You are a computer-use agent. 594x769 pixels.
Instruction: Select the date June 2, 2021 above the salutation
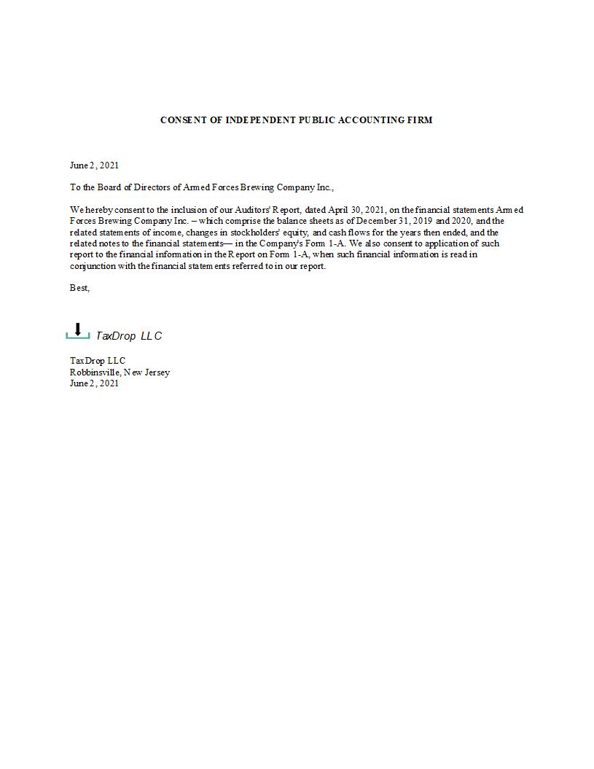pos(94,165)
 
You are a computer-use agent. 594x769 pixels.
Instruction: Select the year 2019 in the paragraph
pos(423,221)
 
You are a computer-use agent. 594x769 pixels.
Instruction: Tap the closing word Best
pos(79,288)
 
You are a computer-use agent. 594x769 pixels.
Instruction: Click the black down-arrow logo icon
pos(78,329)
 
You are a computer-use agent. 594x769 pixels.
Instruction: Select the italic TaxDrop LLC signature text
pos(129,336)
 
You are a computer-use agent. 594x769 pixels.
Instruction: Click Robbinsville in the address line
pos(95,372)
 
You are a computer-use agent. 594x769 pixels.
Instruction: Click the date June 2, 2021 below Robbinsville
pos(94,383)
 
